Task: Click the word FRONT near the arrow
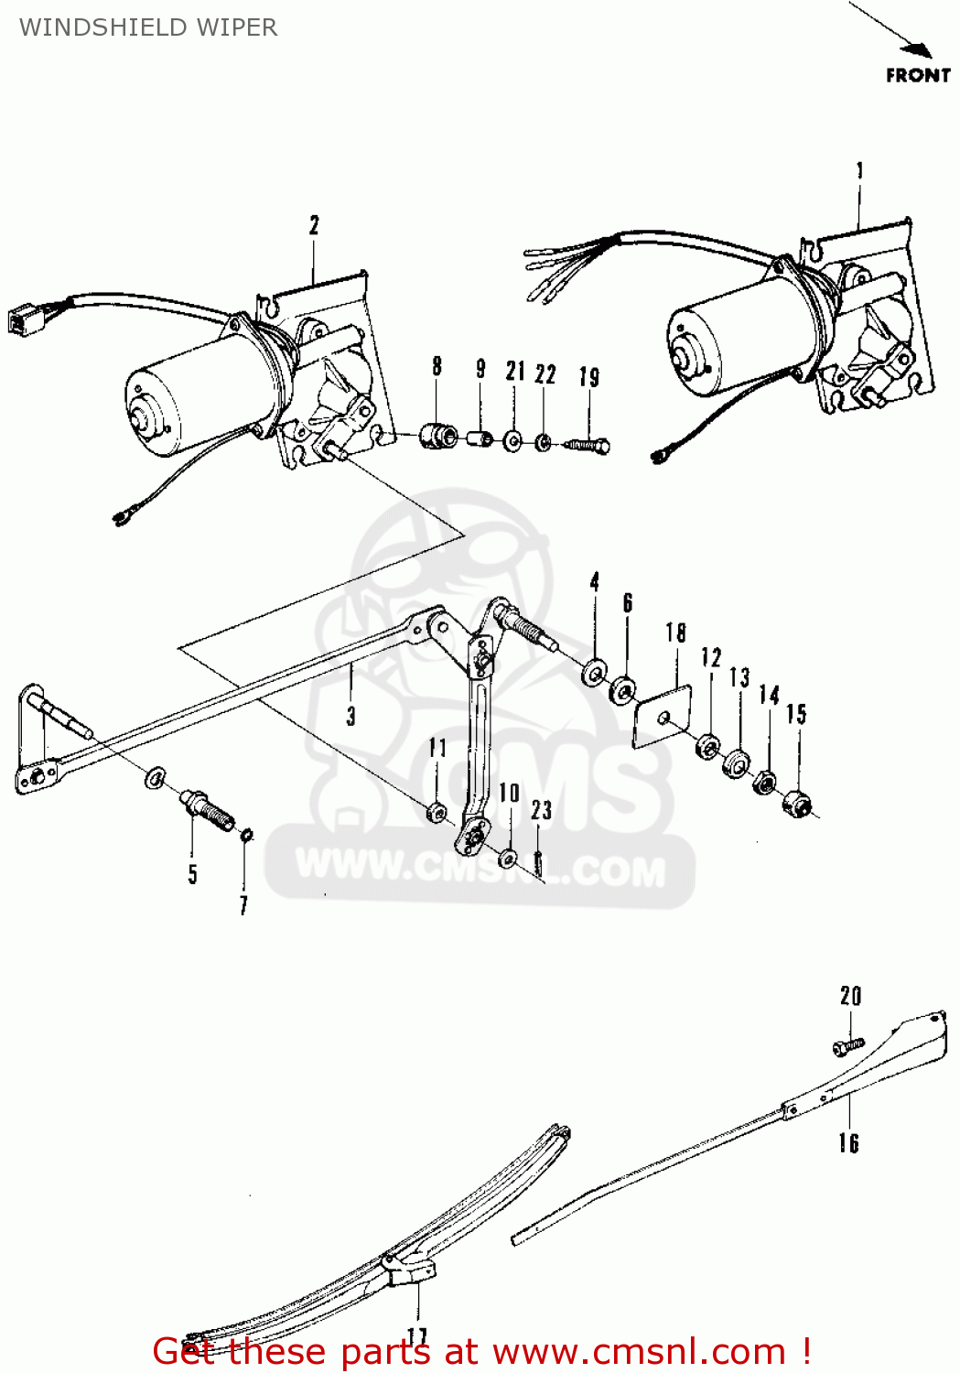(x=917, y=76)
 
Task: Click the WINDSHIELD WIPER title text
(x=148, y=27)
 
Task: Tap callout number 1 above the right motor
(x=859, y=171)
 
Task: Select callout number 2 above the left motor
(x=314, y=225)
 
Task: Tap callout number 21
(x=515, y=371)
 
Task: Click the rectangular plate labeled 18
(x=663, y=719)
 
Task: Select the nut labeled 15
(x=797, y=803)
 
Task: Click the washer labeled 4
(x=595, y=674)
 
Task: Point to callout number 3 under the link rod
(x=351, y=716)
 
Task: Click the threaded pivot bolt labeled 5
(x=210, y=811)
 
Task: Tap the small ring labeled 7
(x=246, y=835)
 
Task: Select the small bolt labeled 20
(x=848, y=1043)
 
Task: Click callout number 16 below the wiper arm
(x=848, y=1142)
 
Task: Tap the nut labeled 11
(x=437, y=811)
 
